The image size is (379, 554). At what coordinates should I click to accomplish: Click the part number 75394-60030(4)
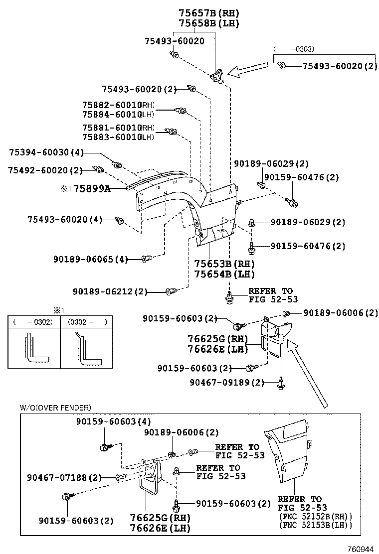tap(46, 152)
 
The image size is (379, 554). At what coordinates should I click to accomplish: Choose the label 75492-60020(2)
tap(45, 170)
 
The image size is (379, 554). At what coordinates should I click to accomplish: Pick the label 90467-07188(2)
tap(63, 477)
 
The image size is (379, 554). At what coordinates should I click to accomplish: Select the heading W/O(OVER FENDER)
tap(55, 408)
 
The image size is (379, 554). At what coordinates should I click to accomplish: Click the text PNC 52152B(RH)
tap(315, 517)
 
